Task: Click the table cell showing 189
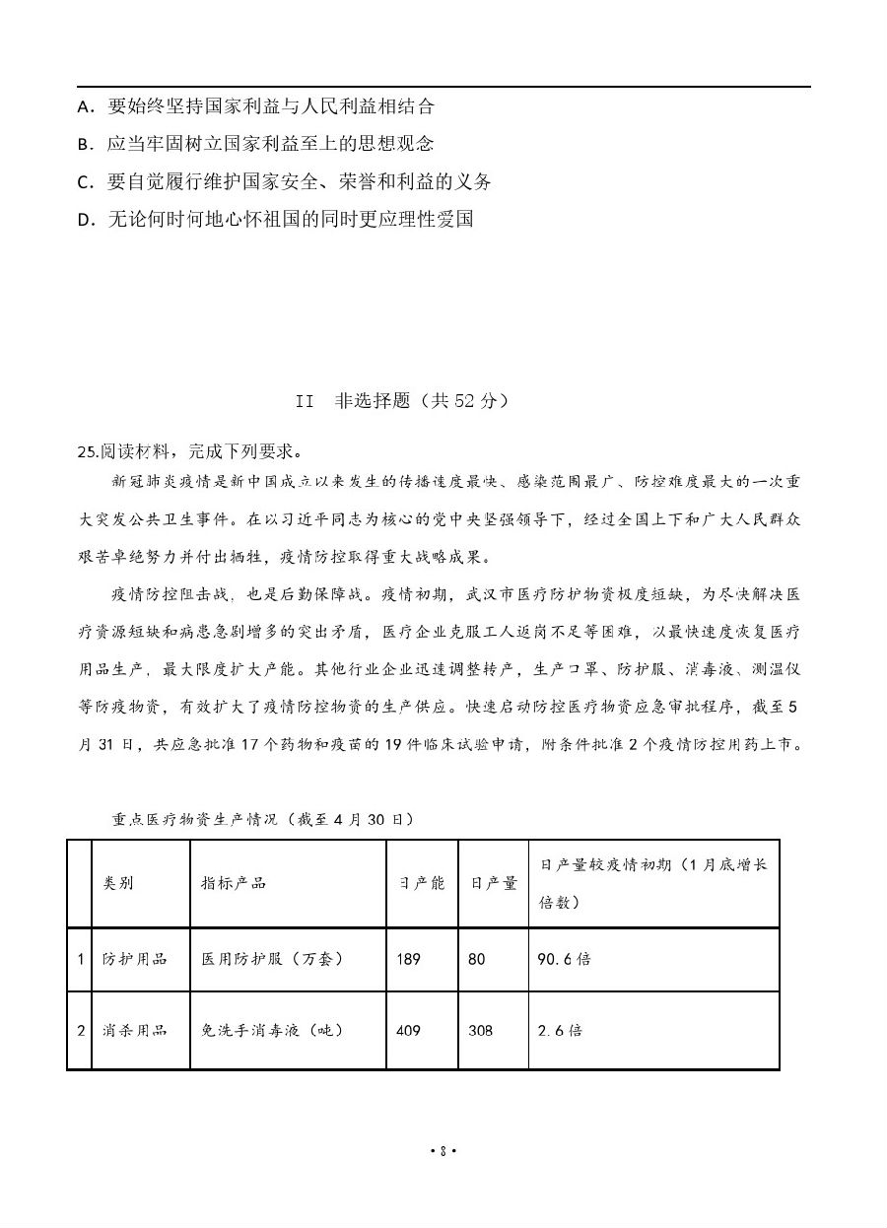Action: click(408, 958)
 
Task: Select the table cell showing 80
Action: click(477, 958)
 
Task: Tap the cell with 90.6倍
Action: click(564, 958)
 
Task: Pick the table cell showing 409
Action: click(408, 1030)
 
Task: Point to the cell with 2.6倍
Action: click(560, 1030)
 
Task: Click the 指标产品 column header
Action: click(234, 883)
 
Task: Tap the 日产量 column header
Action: click(493, 883)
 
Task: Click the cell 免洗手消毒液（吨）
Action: click(272, 1030)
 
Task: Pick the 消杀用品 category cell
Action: click(135, 1030)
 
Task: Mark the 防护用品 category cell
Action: click(135, 958)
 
